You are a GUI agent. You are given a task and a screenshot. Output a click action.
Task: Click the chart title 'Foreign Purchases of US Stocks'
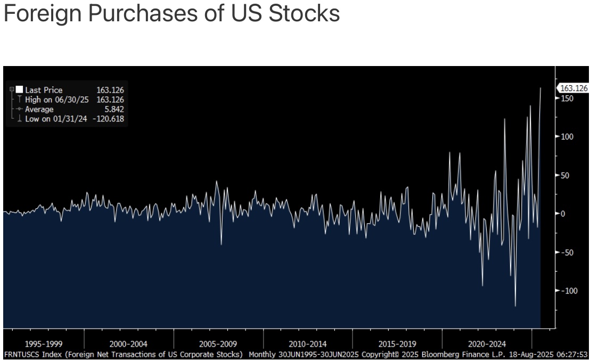tap(171, 13)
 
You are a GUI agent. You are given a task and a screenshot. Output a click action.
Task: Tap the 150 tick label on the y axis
tap(567, 99)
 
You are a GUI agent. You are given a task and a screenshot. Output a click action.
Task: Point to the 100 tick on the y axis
tap(567, 137)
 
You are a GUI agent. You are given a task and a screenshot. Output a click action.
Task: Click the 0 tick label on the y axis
tap(563, 214)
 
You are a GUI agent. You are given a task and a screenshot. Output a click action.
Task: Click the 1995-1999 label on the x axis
tap(44, 344)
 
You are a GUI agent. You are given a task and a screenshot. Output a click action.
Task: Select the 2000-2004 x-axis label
tap(128, 344)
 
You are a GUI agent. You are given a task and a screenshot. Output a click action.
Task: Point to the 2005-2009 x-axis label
tap(218, 344)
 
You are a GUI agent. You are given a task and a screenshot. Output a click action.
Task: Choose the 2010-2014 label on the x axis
tap(308, 344)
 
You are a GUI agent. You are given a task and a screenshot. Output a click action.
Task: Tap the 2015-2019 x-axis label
tap(397, 344)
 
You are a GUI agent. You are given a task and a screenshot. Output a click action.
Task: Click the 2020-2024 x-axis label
tap(487, 344)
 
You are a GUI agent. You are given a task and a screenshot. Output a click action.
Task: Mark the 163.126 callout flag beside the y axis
tap(574, 88)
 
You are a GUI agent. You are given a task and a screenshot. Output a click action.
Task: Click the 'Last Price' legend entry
tap(44, 90)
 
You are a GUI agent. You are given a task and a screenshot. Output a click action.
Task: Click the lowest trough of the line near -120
tap(515, 306)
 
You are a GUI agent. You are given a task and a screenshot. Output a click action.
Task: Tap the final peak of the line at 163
tap(540, 88)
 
